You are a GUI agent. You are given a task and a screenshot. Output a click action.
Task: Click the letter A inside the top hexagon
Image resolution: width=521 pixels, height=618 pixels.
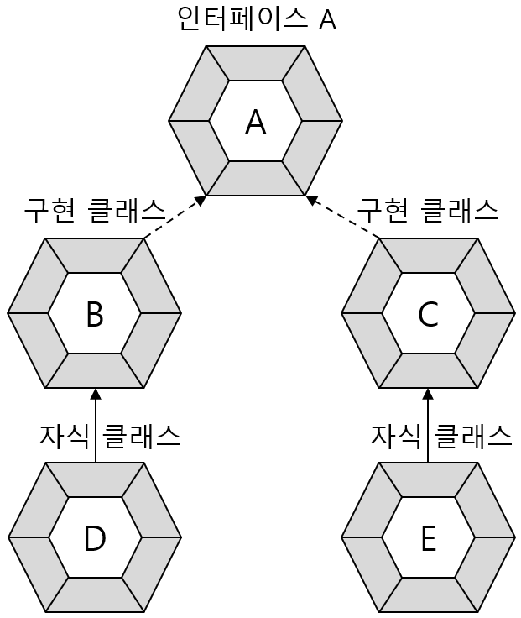pyautogui.click(x=255, y=123)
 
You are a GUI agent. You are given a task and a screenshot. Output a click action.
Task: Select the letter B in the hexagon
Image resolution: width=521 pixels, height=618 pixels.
pyautogui.click(x=94, y=314)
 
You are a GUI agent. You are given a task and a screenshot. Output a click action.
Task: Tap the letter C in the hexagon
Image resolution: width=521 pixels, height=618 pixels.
pyautogui.click(x=428, y=314)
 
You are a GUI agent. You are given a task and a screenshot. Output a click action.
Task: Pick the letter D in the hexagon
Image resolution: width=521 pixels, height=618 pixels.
pyautogui.click(x=94, y=539)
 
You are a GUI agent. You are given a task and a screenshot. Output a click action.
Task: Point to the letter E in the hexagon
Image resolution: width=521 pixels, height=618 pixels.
pyautogui.click(x=428, y=539)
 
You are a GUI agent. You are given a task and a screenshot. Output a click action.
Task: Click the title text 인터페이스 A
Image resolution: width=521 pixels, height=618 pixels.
pyautogui.click(x=256, y=18)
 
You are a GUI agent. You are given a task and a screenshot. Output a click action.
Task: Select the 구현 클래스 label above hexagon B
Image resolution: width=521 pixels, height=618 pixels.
pyautogui.click(x=94, y=210)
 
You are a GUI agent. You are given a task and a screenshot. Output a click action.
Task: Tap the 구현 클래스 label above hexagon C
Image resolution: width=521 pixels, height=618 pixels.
pyautogui.click(x=428, y=210)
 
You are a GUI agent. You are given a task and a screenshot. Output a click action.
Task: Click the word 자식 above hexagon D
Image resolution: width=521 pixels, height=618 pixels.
pyautogui.click(x=64, y=435)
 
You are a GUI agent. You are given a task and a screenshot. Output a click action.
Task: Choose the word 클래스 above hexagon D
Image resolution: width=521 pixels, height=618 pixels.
pyautogui.click(x=141, y=435)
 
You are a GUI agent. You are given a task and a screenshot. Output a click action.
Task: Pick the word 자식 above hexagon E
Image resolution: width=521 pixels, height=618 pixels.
pyautogui.click(x=395, y=435)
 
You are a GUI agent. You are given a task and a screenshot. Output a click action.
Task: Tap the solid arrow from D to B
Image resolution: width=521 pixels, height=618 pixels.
pyautogui.click(x=96, y=427)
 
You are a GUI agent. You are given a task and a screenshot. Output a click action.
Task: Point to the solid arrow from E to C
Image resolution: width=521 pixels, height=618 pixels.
pyautogui.click(x=428, y=427)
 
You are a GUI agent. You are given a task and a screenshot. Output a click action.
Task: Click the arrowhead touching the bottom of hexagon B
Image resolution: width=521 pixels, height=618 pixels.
pyautogui.click(x=96, y=394)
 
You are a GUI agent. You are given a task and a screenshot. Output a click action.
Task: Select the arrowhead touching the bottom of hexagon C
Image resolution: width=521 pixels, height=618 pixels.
pyautogui.click(x=428, y=394)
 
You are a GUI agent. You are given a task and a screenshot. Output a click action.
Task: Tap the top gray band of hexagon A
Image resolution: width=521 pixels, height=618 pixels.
pyautogui.click(x=255, y=63)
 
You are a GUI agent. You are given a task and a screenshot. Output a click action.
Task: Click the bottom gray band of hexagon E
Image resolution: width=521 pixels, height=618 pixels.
pyautogui.click(x=428, y=594)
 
